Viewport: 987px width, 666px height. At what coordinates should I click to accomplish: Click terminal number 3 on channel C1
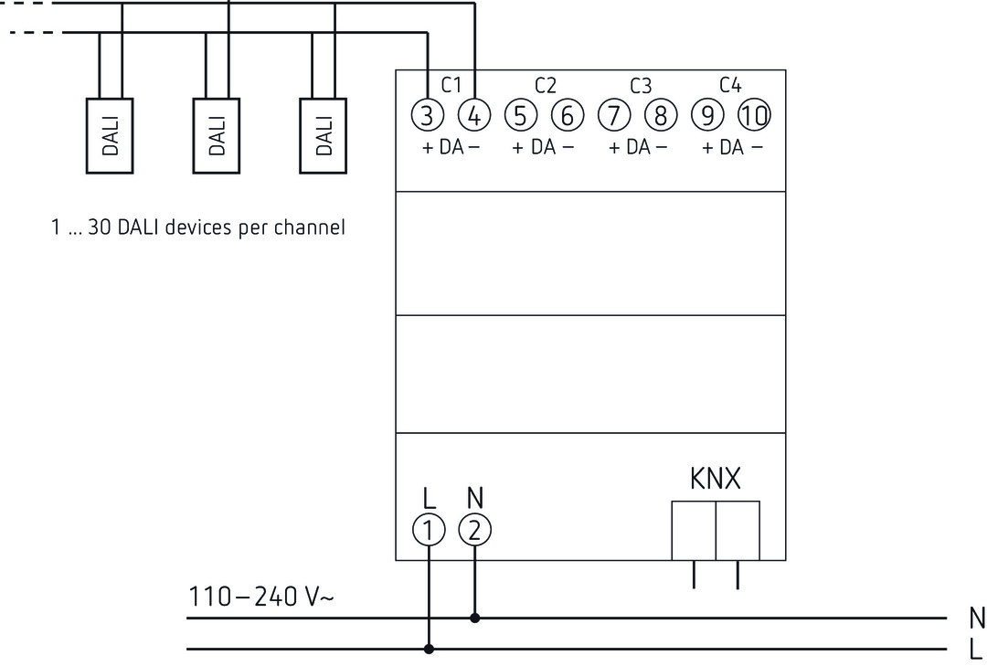(x=428, y=115)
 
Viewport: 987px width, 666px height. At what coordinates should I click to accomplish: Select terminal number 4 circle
(x=474, y=115)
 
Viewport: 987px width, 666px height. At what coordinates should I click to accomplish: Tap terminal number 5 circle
(x=520, y=115)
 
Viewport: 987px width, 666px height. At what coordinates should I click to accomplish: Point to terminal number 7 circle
(x=613, y=115)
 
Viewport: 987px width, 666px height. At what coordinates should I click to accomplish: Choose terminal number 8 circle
(x=660, y=115)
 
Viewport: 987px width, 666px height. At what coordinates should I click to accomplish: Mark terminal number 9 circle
(x=706, y=115)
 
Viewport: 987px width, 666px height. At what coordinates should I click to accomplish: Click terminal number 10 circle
(x=754, y=115)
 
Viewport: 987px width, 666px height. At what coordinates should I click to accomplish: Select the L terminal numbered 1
(x=428, y=529)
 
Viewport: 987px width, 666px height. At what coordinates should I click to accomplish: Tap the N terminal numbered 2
(x=474, y=529)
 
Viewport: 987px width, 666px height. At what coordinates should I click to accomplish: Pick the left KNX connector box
(x=693, y=530)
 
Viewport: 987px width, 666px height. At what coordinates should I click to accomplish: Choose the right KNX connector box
(x=738, y=530)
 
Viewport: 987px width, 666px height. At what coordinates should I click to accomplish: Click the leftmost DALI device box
(x=110, y=135)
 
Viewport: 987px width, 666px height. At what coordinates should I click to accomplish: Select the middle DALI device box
(x=217, y=135)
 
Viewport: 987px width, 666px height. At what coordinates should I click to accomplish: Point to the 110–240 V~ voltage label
(x=261, y=597)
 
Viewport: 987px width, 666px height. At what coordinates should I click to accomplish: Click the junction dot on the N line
(x=474, y=618)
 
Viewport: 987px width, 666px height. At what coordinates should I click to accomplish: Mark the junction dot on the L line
(x=428, y=650)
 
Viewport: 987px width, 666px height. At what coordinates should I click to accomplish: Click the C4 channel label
(x=730, y=86)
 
